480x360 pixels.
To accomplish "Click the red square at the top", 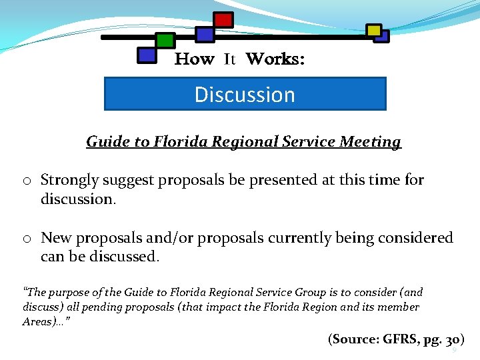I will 223,20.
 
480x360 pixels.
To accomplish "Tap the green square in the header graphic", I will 165,41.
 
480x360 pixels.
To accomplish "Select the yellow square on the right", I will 374,30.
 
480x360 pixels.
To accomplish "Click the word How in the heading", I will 194,59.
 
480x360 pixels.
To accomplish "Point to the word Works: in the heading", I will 275,59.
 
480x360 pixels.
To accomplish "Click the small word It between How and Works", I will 230,59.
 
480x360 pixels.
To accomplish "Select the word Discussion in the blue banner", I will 245,95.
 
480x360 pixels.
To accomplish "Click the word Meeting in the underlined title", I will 371,142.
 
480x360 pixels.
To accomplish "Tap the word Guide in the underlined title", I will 104,142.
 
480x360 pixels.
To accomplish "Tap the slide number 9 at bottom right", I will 454,350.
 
